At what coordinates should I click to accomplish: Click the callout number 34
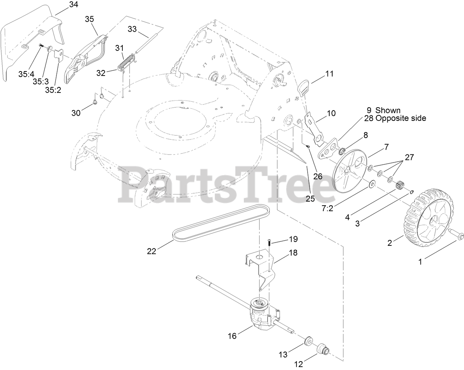[73, 5]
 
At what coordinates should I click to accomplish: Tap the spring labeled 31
[128, 62]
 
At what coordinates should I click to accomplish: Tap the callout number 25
[310, 198]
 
